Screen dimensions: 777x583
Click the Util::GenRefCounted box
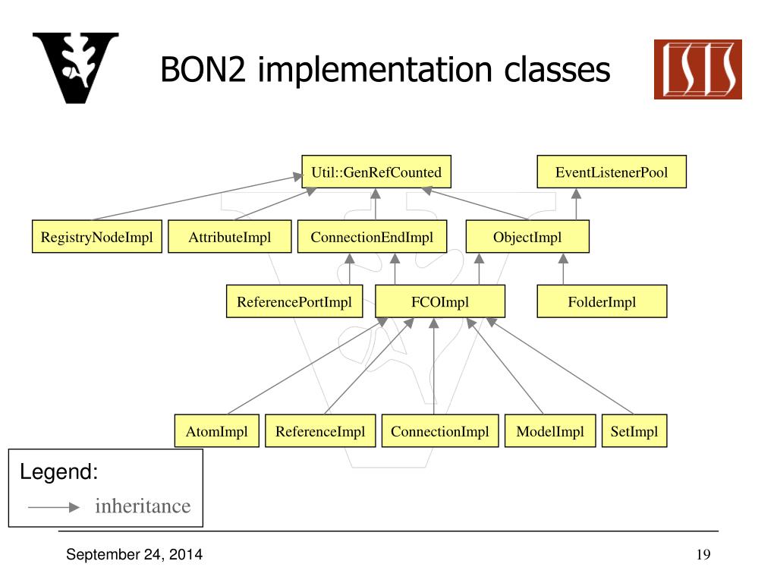pyautogui.click(x=376, y=172)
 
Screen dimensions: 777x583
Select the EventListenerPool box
pyautogui.click(x=611, y=172)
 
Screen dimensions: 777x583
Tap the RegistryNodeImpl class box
pyautogui.click(x=97, y=238)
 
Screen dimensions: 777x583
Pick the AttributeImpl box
pyautogui.click(x=230, y=238)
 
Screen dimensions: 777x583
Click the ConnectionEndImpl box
pyautogui.click(x=372, y=238)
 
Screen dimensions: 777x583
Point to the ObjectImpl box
pyautogui.click(x=527, y=238)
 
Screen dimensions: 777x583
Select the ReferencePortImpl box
pyautogui.click(x=294, y=302)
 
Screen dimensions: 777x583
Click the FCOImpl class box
pyautogui.click(x=440, y=302)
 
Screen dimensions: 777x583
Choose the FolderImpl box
pyautogui.click(x=602, y=302)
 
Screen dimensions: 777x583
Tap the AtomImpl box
pyautogui.click(x=217, y=432)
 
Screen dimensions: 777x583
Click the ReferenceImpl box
pyautogui.click(x=320, y=432)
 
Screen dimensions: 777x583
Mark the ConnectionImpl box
pyautogui.click(x=440, y=432)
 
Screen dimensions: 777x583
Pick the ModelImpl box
pyautogui.click(x=550, y=432)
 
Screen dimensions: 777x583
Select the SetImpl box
pyautogui.click(x=634, y=432)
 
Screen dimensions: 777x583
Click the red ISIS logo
pyautogui.click(x=697, y=70)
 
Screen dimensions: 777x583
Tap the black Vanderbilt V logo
pyautogui.click(x=75, y=68)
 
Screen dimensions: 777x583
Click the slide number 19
pyautogui.click(x=703, y=555)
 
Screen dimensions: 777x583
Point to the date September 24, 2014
pyautogui.click(x=134, y=555)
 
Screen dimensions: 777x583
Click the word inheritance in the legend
pyautogui.click(x=143, y=506)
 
